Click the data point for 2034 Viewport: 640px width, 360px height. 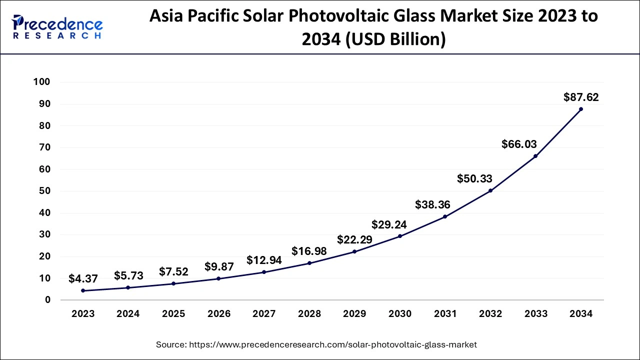pyautogui.click(x=580, y=109)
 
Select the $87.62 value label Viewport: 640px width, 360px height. pyautogui.click(x=581, y=97)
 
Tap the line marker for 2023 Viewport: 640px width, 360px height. pyautogui.click(x=83, y=290)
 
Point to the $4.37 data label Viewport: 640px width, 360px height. pyautogui.click(x=83, y=279)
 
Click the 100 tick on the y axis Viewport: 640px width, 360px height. pyautogui.click(x=41, y=82)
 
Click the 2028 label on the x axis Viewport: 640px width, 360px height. pyautogui.click(x=309, y=314)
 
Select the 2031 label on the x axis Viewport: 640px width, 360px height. pyautogui.click(x=445, y=314)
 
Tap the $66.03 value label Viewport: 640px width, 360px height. pyautogui.click(x=519, y=144)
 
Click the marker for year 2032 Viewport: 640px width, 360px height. pyautogui.click(x=490, y=190)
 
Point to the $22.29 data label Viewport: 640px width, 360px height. pyautogui.click(x=354, y=239)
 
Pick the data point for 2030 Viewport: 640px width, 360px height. pyautogui.click(x=400, y=236)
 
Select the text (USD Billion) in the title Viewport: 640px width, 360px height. pyautogui.click(x=392, y=38)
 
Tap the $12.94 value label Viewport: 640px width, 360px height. pyautogui.click(x=264, y=260)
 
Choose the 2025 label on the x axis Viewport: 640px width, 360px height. pyautogui.click(x=173, y=314)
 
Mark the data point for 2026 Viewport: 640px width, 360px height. pyautogui.click(x=219, y=278)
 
